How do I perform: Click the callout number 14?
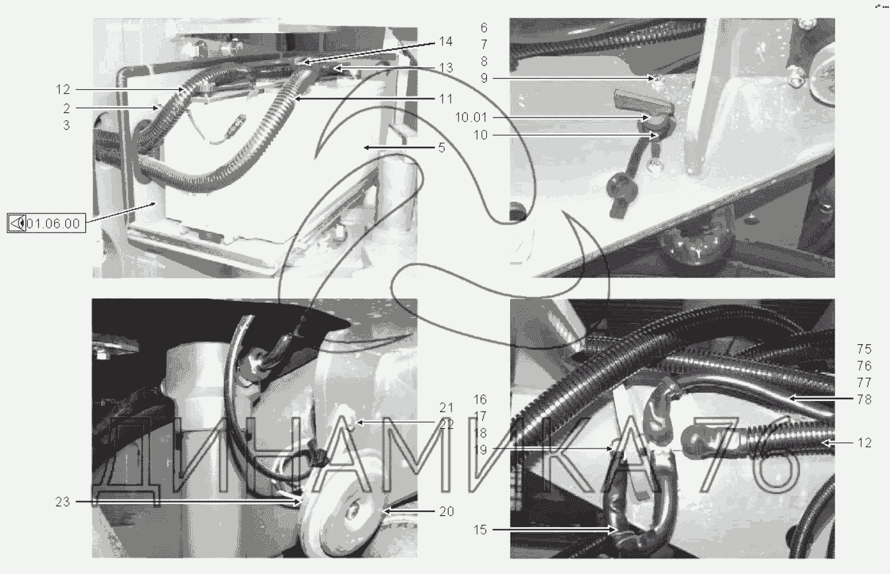pos(445,42)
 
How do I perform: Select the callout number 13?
pos(446,68)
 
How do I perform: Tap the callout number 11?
pos(446,99)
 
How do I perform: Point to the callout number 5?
pos(442,148)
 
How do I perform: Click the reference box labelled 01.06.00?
pos(46,223)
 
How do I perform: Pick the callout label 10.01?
pos(471,118)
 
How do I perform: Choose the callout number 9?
pos(484,78)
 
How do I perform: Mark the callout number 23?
pos(62,502)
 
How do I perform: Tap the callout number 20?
pos(447,511)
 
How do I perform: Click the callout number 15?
pos(480,530)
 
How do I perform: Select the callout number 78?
pos(864,399)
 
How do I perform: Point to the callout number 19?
pos(480,450)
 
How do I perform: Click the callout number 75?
pos(864,349)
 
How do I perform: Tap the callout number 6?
pos(484,28)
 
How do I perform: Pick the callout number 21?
pos(447,408)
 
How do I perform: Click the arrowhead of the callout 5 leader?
pos(366,148)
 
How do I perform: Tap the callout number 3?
pos(66,126)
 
